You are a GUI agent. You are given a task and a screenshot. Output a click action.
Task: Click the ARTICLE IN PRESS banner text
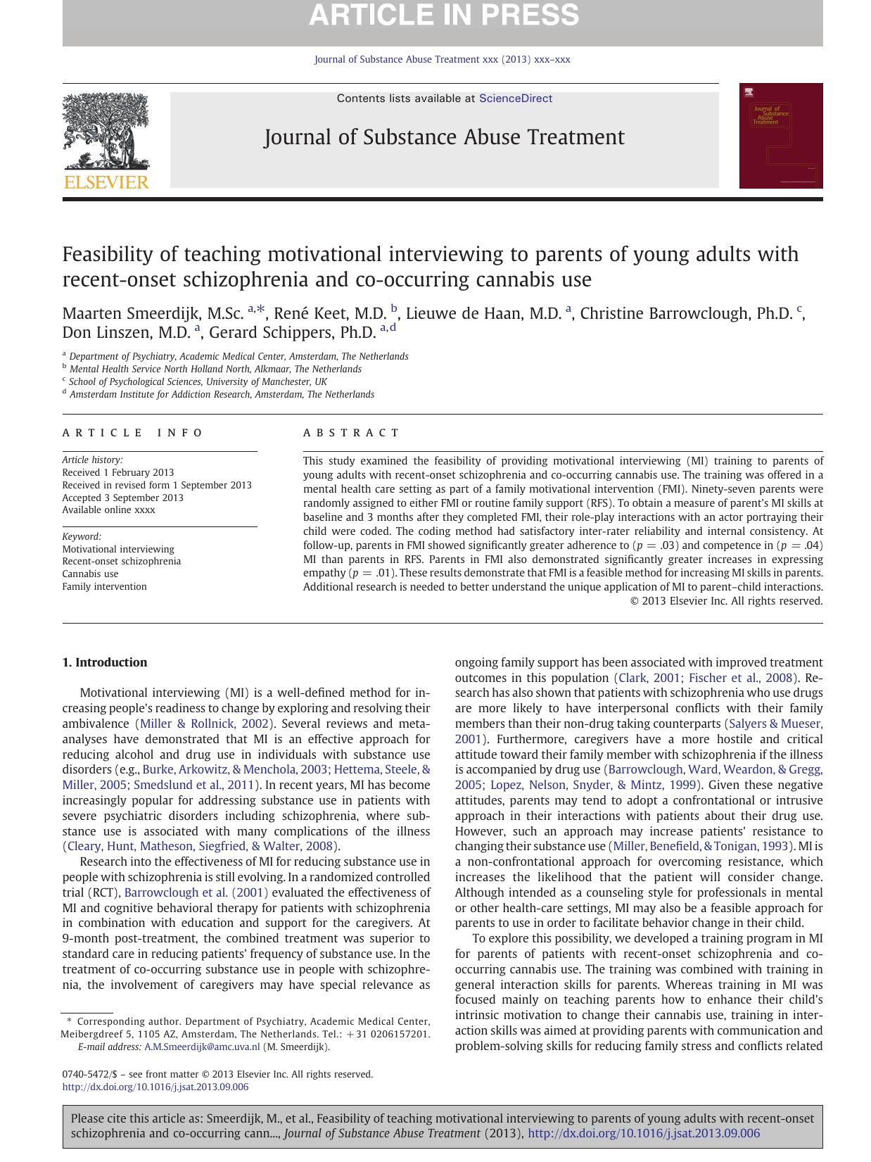pyautogui.click(x=443, y=15)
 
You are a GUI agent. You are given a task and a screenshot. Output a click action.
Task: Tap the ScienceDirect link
pyautogui.click(x=515, y=99)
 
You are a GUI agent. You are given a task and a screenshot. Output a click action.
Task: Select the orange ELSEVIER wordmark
pyautogui.click(x=106, y=182)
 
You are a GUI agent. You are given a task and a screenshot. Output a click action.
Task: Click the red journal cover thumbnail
pyautogui.click(x=780, y=136)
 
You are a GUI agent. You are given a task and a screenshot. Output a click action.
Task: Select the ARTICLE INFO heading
pyautogui.click(x=132, y=433)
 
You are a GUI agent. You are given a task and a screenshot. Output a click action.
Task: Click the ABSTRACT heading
pyautogui.click(x=351, y=433)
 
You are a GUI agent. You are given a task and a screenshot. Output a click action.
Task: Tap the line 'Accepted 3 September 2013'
pyautogui.click(x=122, y=498)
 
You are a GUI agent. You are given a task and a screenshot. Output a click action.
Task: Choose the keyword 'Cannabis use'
pyautogui.click(x=90, y=574)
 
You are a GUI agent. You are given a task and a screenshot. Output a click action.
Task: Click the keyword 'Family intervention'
pyautogui.click(x=104, y=586)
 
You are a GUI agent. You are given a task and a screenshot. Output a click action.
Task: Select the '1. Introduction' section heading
pyautogui.click(x=105, y=662)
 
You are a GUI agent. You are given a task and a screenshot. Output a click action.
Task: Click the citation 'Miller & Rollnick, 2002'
pyautogui.click(x=205, y=724)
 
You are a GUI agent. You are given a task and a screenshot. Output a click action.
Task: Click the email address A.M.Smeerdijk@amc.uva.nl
pyautogui.click(x=202, y=1047)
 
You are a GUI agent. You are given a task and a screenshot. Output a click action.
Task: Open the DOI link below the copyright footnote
pyautogui.click(x=155, y=1087)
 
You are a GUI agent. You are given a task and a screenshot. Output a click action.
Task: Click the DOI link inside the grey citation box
pyautogui.click(x=643, y=1133)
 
